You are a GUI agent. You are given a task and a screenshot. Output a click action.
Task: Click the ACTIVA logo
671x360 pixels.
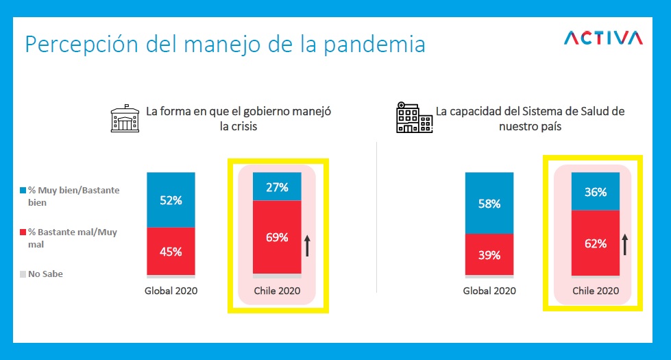(602, 38)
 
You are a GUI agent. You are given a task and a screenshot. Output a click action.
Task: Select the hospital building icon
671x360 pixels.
(414, 117)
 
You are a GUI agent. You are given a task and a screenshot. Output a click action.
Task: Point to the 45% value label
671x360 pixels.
(171, 252)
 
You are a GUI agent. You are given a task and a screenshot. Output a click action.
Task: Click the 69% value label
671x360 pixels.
(277, 238)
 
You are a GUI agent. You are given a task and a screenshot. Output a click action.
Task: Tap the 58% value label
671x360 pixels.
(489, 204)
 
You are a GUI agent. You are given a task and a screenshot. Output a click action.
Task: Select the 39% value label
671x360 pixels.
(489, 255)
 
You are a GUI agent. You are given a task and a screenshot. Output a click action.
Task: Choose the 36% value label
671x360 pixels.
(596, 192)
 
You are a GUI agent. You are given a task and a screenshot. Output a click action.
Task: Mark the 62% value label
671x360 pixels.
(596, 243)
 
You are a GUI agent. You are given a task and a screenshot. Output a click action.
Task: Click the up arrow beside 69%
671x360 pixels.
(307, 244)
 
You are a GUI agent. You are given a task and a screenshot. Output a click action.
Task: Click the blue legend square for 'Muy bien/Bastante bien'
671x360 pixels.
(23, 190)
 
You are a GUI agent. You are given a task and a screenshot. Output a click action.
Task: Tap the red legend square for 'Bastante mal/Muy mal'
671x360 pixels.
(23, 232)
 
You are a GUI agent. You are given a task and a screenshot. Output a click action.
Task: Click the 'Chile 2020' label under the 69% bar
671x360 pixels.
(277, 290)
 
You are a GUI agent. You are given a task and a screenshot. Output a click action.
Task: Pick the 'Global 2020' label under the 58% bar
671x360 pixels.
(489, 291)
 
